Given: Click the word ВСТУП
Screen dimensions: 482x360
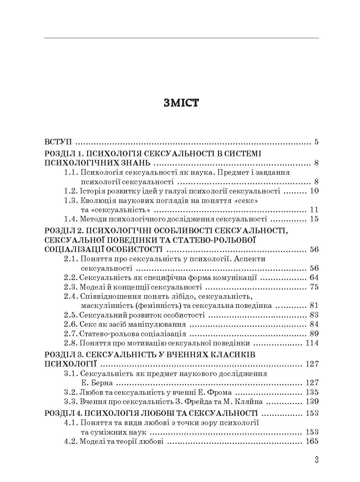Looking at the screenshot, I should (x=58, y=142).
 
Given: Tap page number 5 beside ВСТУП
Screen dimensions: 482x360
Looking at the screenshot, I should (x=316, y=142).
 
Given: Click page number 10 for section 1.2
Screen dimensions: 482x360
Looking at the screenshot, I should (x=314, y=191).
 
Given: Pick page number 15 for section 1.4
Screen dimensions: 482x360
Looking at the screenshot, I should (x=314, y=219).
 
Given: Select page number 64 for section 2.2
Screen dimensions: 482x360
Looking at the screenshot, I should (x=314, y=277).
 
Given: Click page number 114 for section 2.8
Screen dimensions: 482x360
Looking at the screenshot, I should (x=312, y=343).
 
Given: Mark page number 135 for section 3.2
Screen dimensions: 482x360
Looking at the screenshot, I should (x=312, y=392).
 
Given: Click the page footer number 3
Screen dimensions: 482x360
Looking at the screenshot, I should (x=317, y=460).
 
